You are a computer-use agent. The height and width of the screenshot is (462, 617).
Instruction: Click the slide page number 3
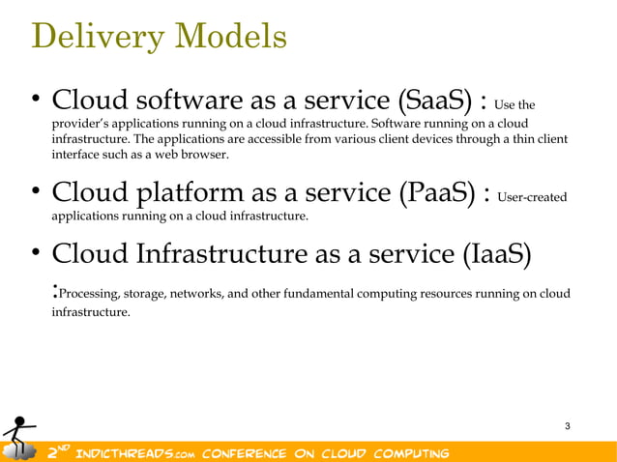pos(567,426)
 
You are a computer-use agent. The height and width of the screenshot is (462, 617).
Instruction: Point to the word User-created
pos(531,197)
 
